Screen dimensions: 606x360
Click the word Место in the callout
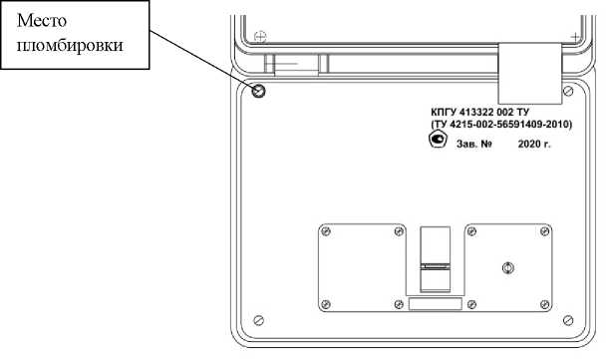[x=41, y=20]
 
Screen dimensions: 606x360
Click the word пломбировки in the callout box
[x=70, y=46]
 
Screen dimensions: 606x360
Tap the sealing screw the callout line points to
[x=258, y=92]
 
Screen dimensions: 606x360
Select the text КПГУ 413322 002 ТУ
[x=479, y=112]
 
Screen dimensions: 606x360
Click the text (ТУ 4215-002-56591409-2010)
[x=501, y=125]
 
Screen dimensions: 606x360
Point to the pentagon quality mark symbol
[x=438, y=139]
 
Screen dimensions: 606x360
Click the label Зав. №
[x=474, y=144]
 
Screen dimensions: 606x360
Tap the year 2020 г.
[x=534, y=144]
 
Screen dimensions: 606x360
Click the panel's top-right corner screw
[x=568, y=92]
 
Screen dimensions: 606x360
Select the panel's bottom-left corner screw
[x=258, y=320]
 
